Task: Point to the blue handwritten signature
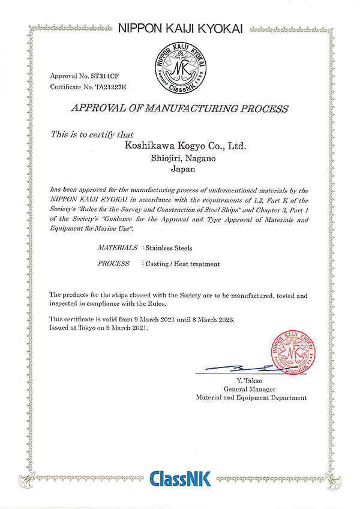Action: [240, 368]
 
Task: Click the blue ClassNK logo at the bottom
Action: [179, 479]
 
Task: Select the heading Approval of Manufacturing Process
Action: [180, 109]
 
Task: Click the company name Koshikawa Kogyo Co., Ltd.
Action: [185, 146]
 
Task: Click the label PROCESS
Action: [113, 264]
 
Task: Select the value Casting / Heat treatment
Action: [181, 264]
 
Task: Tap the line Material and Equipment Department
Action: [251, 397]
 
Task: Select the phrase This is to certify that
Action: [92, 134]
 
